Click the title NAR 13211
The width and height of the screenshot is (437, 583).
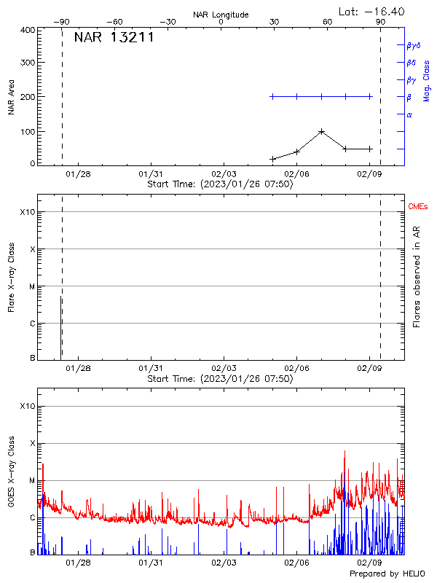click(x=114, y=38)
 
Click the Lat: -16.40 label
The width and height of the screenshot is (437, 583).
click(x=372, y=11)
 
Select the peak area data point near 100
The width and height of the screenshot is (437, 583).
click(x=321, y=132)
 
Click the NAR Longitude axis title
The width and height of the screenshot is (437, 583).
click(x=221, y=14)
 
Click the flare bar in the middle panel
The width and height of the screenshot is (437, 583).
click(x=60, y=328)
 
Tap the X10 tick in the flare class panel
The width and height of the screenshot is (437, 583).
click(x=27, y=212)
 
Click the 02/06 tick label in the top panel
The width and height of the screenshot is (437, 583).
click(x=297, y=175)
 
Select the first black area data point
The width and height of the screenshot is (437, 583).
click(x=272, y=159)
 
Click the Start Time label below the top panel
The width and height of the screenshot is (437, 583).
click(x=220, y=184)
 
